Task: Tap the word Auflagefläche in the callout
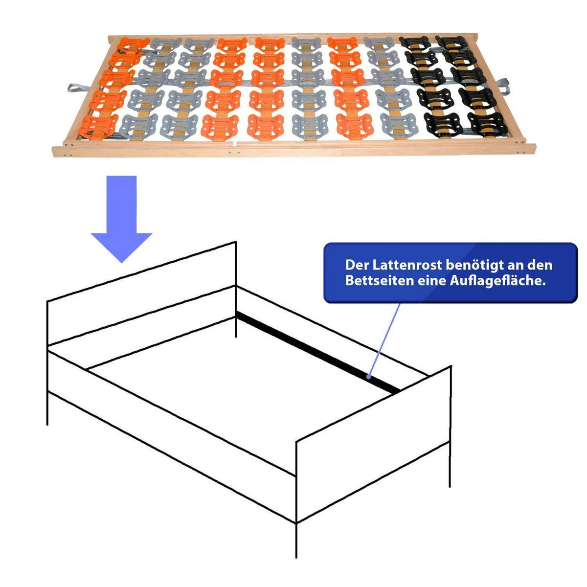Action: [497, 281]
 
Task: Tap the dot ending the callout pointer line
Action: [369, 377]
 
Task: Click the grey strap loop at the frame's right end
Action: [503, 86]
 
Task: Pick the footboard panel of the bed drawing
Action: [374, 444]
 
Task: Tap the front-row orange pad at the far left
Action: [98, 126]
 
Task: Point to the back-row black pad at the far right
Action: [452, 42]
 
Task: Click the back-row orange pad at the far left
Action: [134, 44]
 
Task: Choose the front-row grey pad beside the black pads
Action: [399, 125]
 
